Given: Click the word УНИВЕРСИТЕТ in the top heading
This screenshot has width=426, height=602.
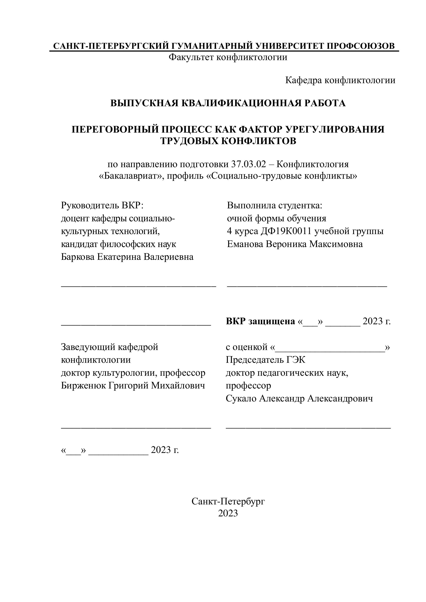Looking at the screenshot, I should [x=289, y=46].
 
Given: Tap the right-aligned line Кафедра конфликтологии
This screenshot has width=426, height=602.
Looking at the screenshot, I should [x=340, y=80].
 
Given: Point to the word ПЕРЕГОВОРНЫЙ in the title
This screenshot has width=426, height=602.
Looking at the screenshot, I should [x=110, y=129].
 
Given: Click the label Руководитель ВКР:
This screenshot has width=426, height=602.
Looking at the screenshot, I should [x=102, y=205].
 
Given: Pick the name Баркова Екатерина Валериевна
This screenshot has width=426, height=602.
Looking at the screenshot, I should [x=127, y=257].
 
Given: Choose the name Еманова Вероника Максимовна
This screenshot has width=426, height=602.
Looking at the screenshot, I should [x=295, y=244].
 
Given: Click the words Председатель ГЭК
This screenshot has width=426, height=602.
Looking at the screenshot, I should [x=266, y=360].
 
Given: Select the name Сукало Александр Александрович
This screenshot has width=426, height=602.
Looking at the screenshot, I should [x=299, y=399].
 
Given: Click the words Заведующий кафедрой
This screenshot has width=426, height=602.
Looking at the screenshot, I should [x=110, y=347].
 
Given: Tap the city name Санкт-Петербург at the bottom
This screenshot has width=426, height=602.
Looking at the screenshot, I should [x=228, y=501].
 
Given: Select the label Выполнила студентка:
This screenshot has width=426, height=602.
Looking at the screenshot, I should [x=274, y=205].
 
